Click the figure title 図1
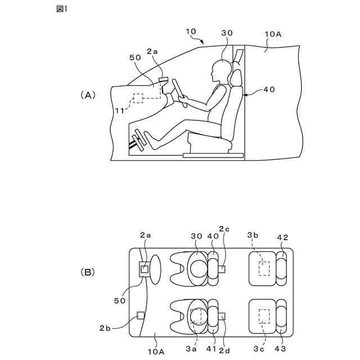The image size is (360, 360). pyautogui.click(x=62, y=10)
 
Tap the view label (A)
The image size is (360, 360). pyautogui.click(x=88, y=96)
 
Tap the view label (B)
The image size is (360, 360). pyautogui.click(x=88, y=272)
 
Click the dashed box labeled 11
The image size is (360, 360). pyautogui.click(x=138, y=98)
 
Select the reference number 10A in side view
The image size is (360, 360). pyautogui.click(x=273, y=34)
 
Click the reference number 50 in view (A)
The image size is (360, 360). pyautogui.click(x=135, y=57)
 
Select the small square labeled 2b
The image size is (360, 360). pyautogui.click(x=141, y=314)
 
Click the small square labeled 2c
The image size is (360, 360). pyautogui.click(x=222, y=269)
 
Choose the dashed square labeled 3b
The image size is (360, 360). pyautogui.click(x=263, y=268)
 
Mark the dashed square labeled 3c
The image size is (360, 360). pyautogui.click(x=263, y=316)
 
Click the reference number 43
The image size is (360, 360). pyautogui.click(x=280, y=349)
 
